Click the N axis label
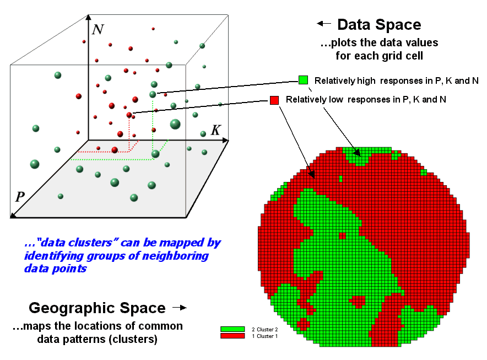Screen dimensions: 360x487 click(98, 29)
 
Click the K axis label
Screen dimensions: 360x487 click(216, 130)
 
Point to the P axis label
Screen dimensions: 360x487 click(20, 197)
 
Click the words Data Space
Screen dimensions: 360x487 click(379, 24)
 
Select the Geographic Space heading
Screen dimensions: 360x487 click(97, 308)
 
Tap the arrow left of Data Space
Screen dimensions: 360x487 click(323, 24)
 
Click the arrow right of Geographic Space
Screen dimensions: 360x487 click(180, 308)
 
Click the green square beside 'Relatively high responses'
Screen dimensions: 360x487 click(303, 80)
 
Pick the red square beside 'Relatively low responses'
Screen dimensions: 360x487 click(274, 100)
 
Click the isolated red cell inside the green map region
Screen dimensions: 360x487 click(342, 235)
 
